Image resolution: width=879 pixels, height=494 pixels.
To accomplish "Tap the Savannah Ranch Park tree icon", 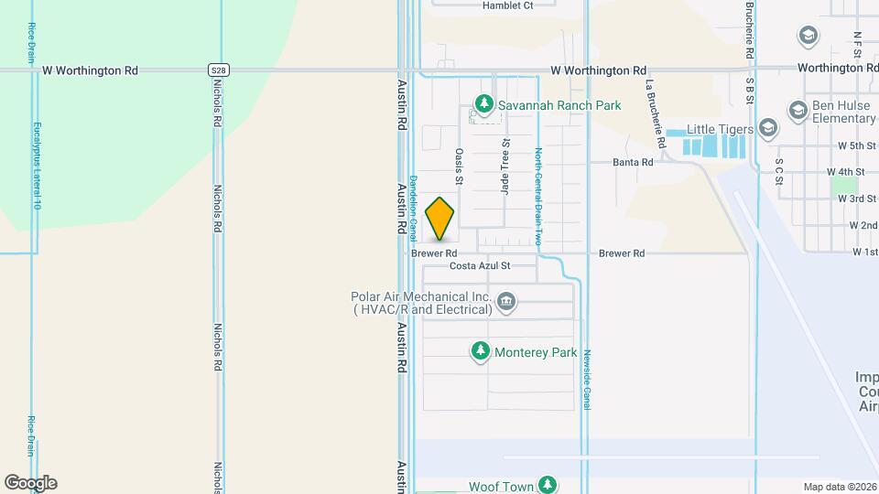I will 483,105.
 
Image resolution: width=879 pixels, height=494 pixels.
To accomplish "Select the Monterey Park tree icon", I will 481,351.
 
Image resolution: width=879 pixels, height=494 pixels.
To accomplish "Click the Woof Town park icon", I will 548,484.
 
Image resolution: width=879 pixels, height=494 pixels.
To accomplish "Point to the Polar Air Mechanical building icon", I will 505,303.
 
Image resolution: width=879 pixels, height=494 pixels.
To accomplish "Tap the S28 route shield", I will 217,70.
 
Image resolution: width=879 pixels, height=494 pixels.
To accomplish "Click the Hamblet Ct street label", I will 507,5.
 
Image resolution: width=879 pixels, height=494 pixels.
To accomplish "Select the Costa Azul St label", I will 492,266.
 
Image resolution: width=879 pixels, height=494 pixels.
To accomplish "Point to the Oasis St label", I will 459,167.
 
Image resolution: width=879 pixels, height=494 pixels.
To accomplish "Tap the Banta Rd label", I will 634,162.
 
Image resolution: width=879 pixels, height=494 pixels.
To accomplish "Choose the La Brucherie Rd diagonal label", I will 654,113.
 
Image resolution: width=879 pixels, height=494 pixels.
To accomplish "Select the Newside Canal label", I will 587,377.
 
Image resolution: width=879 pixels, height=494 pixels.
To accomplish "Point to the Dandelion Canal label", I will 413,202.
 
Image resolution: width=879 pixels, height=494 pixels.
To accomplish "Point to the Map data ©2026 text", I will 840,487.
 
